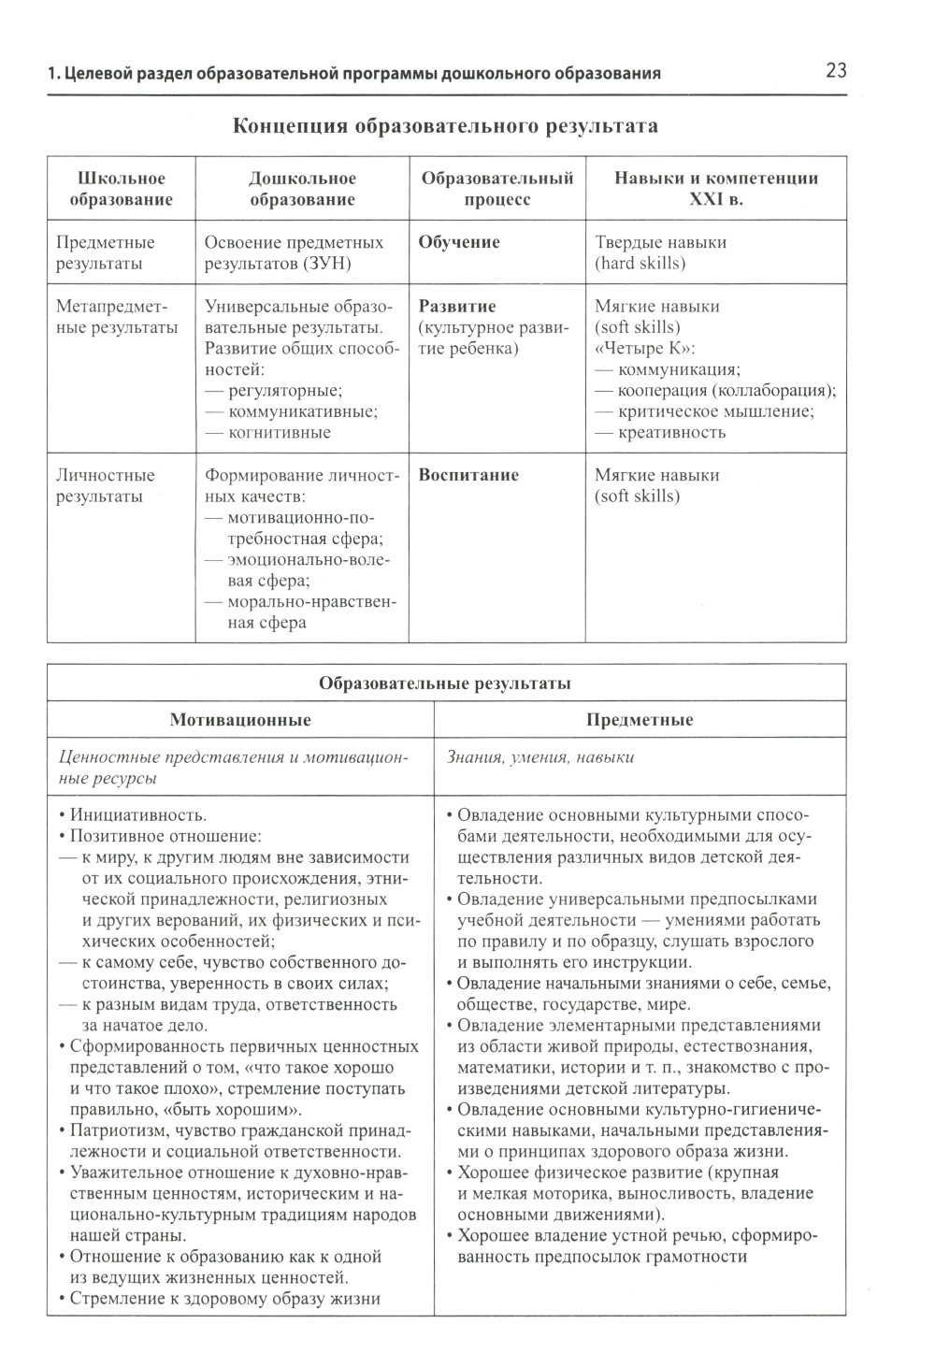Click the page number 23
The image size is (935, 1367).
click(x=835, y=71)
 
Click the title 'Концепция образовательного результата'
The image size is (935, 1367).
click(x=445, y=126)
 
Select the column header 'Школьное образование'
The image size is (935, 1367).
click(x=121, y=189)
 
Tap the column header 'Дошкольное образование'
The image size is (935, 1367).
click(x=302, y=189)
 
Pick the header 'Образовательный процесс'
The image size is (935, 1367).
click(x=496, y=189)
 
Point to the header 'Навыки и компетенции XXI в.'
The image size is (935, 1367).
click(x=715, y=189)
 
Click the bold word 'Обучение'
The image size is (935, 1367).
click(x=459, y=242)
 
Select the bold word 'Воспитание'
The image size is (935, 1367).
click(x=468, y=475)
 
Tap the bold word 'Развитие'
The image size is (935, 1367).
click(x=457, y=307)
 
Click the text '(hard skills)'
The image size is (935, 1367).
click(x=640, y=264)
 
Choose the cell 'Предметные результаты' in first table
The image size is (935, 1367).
click(x=105, y=252)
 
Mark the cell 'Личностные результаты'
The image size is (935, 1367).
click(x=105, y=485)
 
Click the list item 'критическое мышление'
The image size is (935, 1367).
click(x=715, y=411)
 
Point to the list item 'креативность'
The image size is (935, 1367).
click(x=671, y=433)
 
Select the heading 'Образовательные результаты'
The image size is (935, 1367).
click(x=445, y=683)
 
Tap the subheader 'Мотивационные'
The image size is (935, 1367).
click(x=240, y=720)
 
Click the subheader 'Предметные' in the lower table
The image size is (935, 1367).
click(x=640, y=720)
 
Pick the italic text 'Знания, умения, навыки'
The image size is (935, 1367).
click(x=540, y=757)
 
